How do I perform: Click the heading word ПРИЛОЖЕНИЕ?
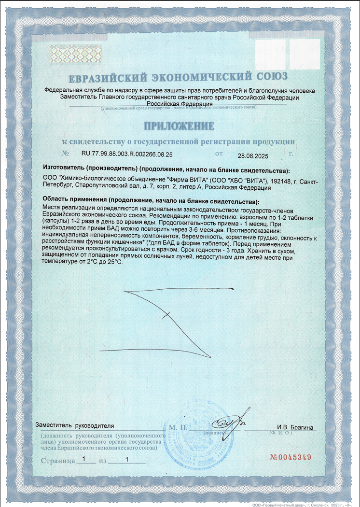tap(179, 126)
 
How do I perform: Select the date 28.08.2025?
tap(253, 155)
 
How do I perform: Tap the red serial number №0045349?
tap(290, 457)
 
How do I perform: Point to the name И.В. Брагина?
tap(295, 427)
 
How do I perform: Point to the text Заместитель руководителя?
tap(75, 426)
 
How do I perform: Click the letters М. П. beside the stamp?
tap(178, 428)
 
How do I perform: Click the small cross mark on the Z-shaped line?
tap(167, 315)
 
